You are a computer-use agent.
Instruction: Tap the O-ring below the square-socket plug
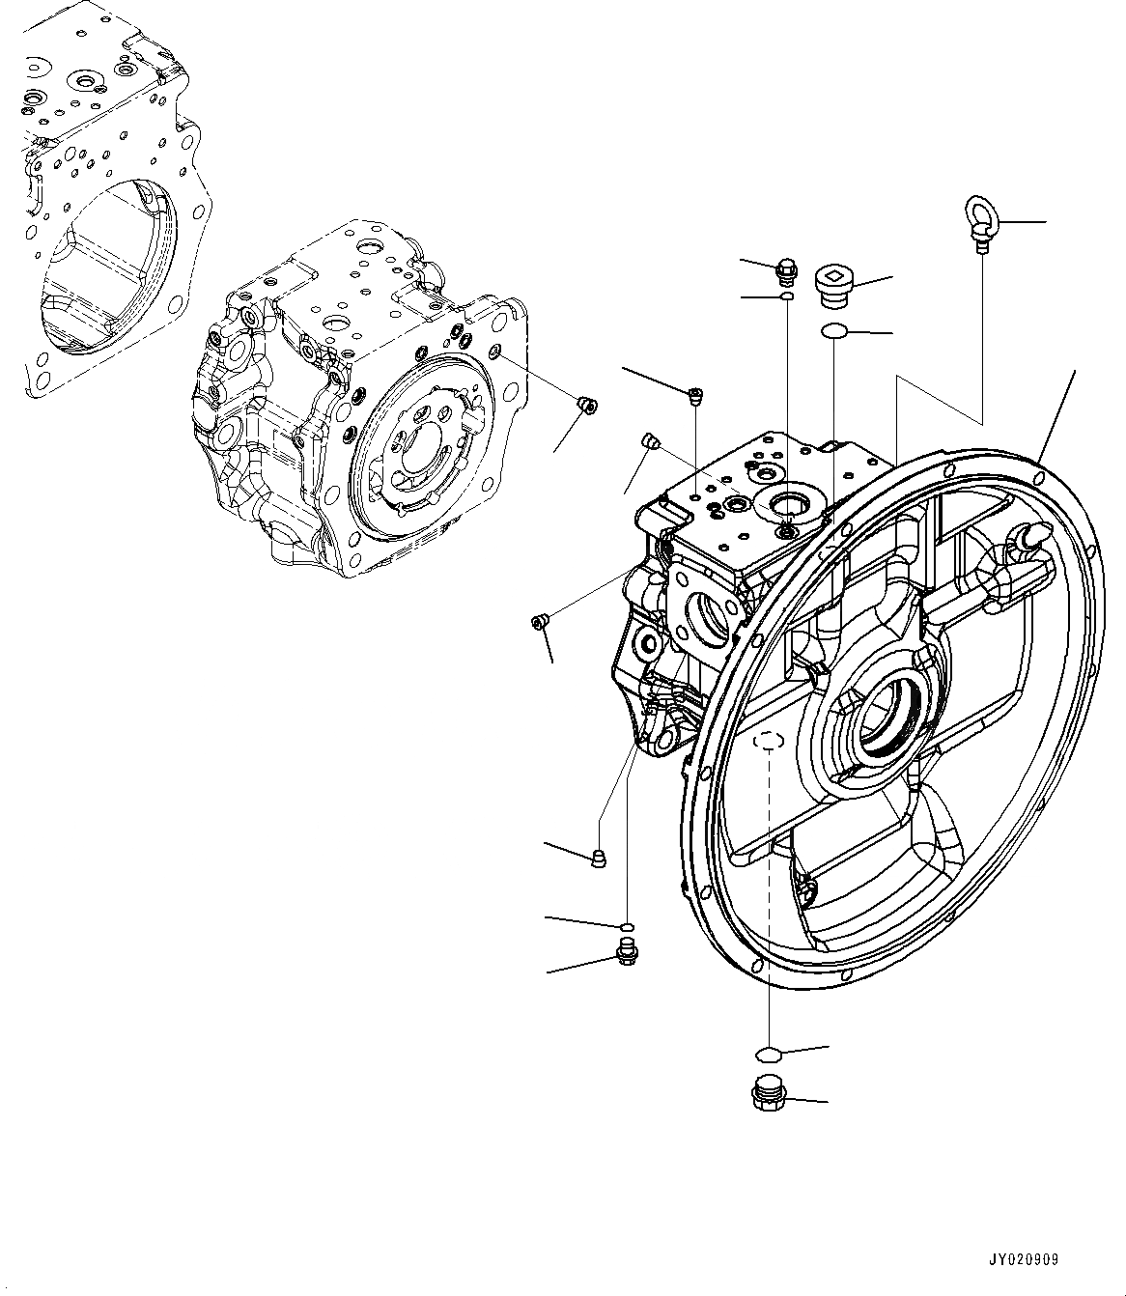tap(833, 332)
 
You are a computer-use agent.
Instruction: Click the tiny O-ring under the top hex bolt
tap(786, 297)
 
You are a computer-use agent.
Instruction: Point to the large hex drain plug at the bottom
tap(767, 1095)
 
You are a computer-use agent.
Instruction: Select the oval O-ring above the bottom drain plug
tap(767, 1052)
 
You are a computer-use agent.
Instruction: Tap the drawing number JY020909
tap(1023, 1260)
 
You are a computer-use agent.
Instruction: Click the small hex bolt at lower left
tap(625, 956)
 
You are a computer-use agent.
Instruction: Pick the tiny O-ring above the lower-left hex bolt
tap(628, 928)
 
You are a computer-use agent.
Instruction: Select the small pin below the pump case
tap(599, 859)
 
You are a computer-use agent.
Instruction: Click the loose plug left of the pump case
tap(541, 623)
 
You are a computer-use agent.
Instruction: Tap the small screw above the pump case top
tap(695, 393)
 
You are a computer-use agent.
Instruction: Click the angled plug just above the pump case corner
tap(650, 443)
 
